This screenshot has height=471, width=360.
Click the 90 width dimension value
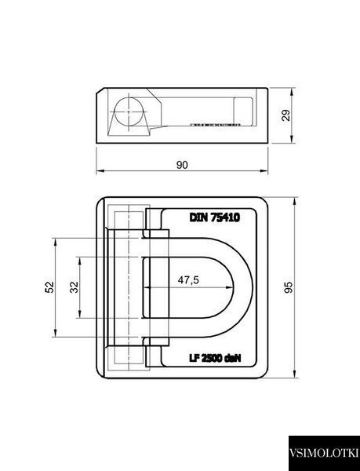[182, 165]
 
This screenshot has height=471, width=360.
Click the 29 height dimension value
[286, 115]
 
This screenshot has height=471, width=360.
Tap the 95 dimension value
[288, 287]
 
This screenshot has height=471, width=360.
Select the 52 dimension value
[49, 287]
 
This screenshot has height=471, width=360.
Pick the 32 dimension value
[74, 287]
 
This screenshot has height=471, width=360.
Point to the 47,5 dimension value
[188, 280]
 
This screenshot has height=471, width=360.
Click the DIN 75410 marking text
[214, 217]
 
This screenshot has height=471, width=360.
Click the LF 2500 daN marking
[215, 358]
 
